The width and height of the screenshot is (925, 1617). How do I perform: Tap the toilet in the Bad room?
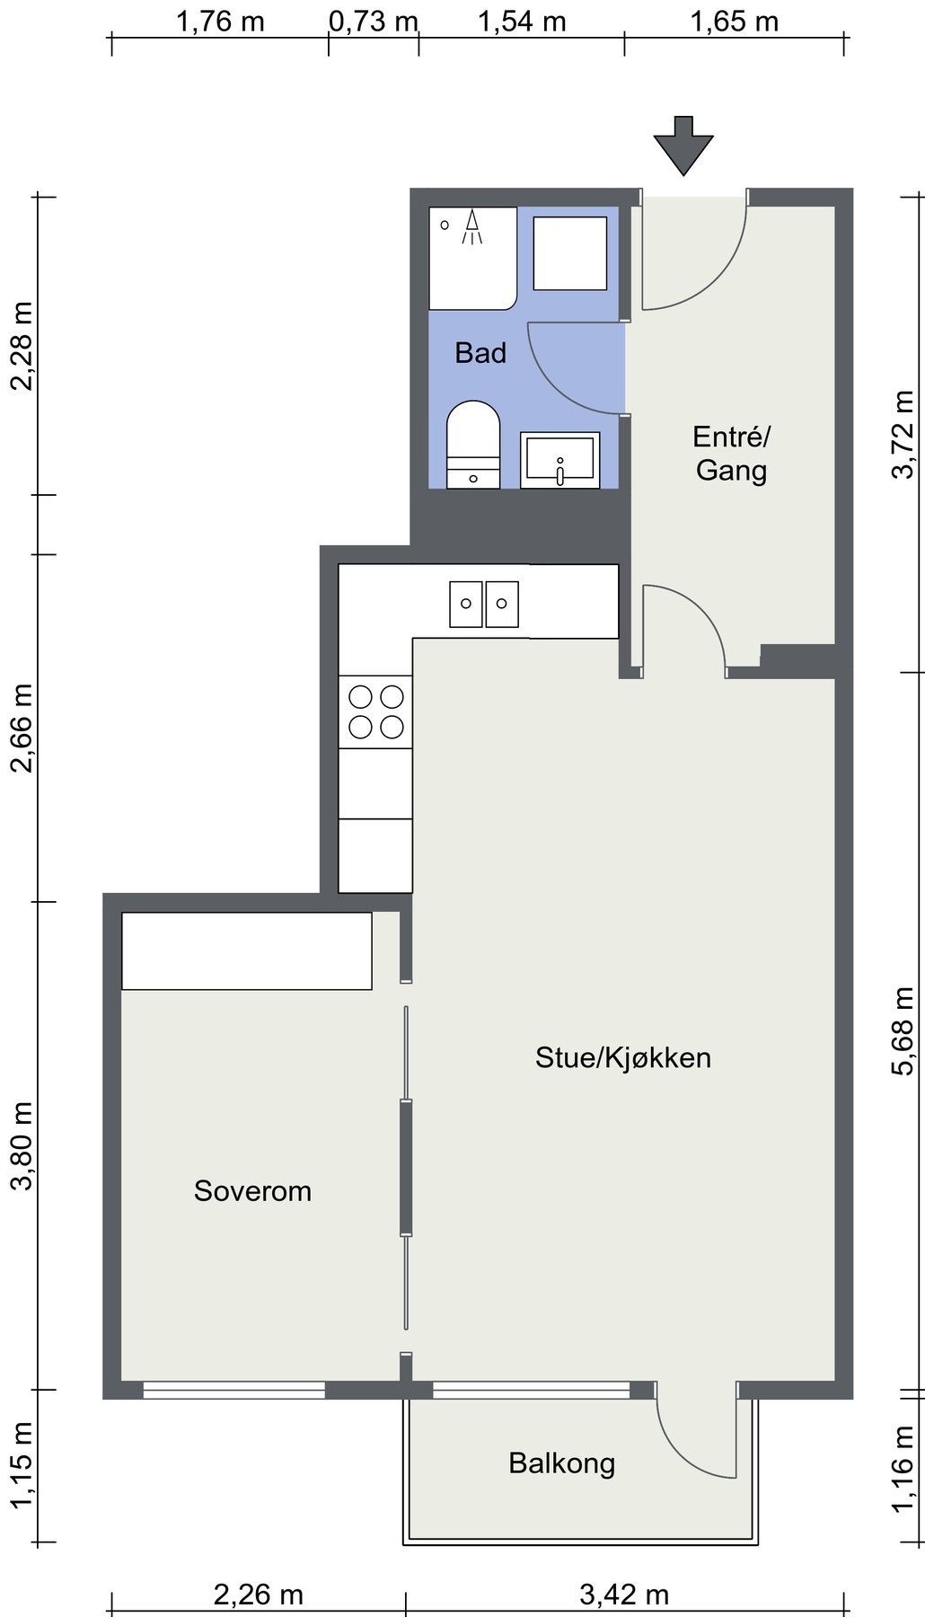coord(473,443)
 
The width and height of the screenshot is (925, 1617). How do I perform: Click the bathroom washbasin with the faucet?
coord(560,460)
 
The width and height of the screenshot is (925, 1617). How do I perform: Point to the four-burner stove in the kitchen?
coord(375,711)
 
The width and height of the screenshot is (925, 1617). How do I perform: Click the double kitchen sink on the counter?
coord(484,604)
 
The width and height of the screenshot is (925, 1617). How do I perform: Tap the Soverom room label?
coord(252,1191)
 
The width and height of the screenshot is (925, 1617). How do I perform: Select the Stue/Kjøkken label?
coord(623,1057)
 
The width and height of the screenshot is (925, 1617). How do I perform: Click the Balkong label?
coord(562,1463)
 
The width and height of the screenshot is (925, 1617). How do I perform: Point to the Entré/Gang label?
coord(731,454)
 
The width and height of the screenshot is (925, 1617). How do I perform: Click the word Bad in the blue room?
coord(480,353)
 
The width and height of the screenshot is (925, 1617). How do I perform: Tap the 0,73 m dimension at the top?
coord(374,22)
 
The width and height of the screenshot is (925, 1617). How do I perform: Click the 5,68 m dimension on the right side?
coord(903,1030)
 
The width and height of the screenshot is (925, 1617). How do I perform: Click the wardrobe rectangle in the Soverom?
coord(247,951)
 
